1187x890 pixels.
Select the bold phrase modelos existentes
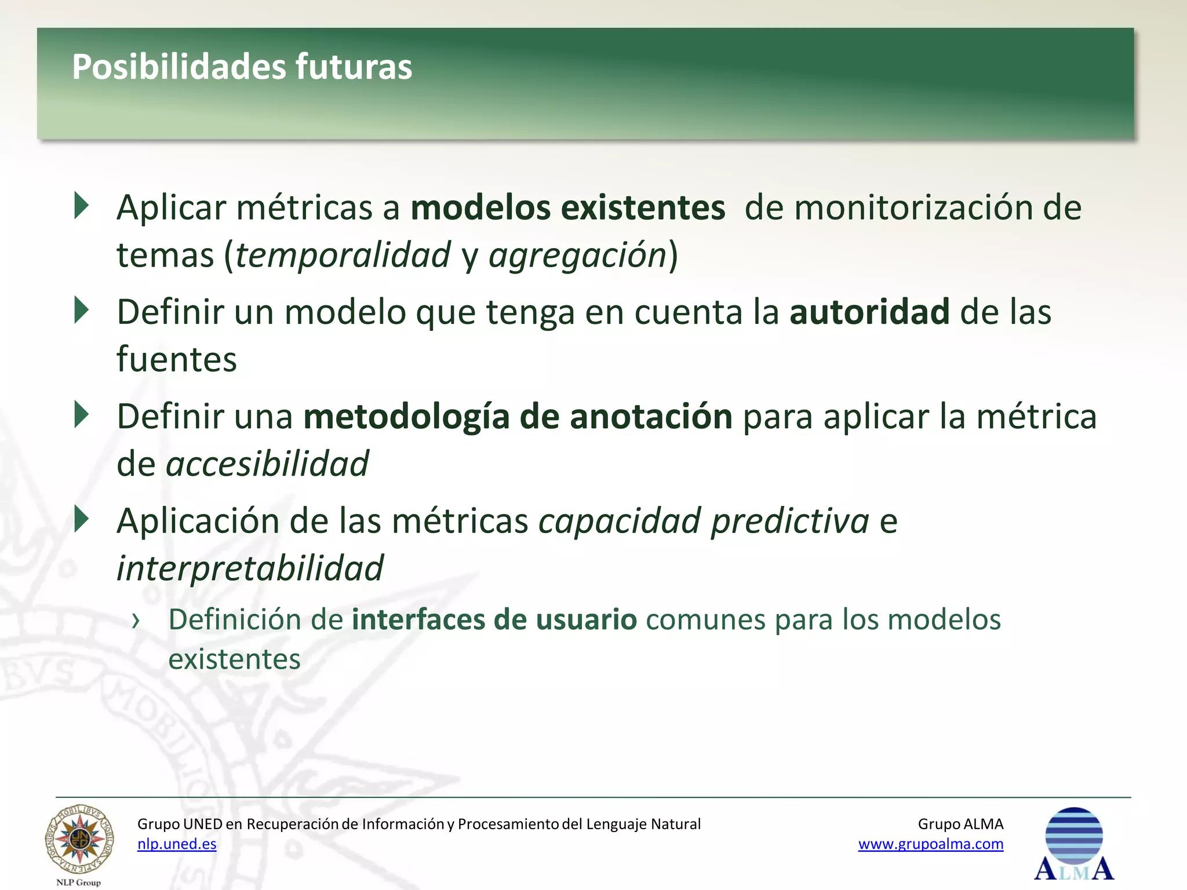click(x=568, y=207)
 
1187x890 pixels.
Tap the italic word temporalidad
click(x=343, y=255)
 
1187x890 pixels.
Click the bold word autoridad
click(x=869, y=312)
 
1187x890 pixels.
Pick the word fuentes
click(x=177, y=359)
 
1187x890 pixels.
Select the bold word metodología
click(x=406, y=417)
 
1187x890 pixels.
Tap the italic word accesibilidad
click(x=267, y=464)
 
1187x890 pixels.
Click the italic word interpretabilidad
click(x=250, y=568)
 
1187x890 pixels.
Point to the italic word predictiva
click(x=790, y=520)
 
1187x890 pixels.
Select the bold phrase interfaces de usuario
click(x=494, y=619)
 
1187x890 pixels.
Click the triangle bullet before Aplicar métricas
click(x=82, y=206)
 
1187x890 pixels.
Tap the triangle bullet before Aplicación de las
click(x=82, y=519)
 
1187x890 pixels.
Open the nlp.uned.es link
click(x=177, y=844)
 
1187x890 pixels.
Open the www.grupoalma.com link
click(x=930, y=844)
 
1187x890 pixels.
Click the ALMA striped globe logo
click(x=1074, y=844)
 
